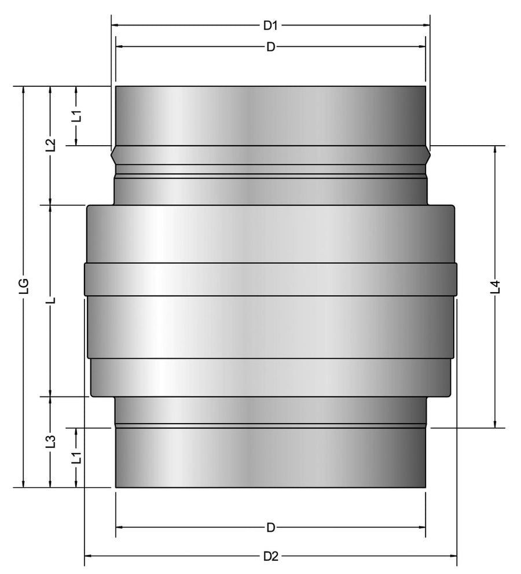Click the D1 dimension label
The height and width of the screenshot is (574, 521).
coord(270,25)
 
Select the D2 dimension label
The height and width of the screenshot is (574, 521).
coord(271,556)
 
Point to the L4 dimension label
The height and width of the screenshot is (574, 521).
coord(496,286)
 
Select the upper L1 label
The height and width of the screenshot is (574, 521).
coord(76,116)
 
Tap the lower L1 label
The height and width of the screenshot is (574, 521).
coord(76,458)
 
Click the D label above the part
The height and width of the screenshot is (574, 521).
coord(270,47)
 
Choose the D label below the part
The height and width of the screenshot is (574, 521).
coord(270,528)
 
